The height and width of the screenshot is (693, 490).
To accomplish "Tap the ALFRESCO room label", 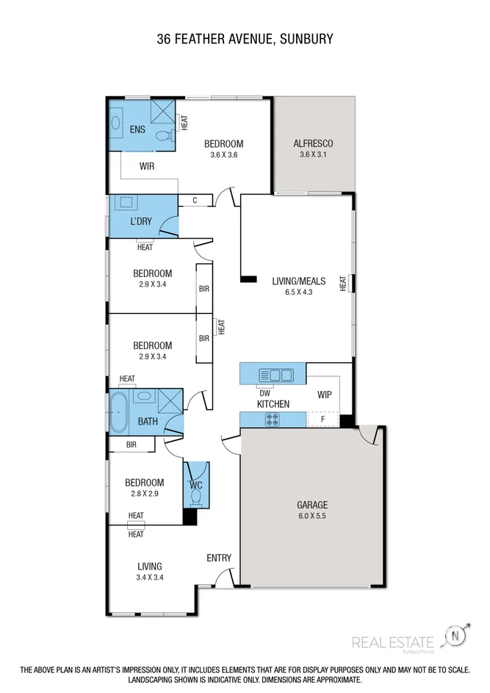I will coord(314,143).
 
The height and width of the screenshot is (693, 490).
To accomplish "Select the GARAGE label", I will coord(312,505).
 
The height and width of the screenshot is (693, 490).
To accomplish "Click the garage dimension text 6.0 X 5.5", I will coord(312,517).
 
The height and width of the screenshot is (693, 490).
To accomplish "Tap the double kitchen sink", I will coord(280,376).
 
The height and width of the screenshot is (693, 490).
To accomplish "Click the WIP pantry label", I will coord(324,395).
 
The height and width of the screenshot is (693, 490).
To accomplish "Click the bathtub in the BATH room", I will coord(120,412).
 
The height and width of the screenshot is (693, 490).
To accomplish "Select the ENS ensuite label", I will coord(137,130).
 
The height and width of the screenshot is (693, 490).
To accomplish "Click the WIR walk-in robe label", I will coord(147,167).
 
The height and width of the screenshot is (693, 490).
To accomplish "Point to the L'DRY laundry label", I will coord(140,220).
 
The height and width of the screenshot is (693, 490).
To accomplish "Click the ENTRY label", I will coord(219,558).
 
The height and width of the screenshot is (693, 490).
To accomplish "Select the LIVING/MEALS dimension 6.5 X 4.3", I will coord(292,292).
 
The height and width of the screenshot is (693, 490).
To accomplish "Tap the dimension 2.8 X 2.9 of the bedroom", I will coord(143,494).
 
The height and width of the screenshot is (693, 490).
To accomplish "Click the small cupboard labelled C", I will coord(195,200).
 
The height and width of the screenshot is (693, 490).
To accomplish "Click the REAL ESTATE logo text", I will coord(393,642).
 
